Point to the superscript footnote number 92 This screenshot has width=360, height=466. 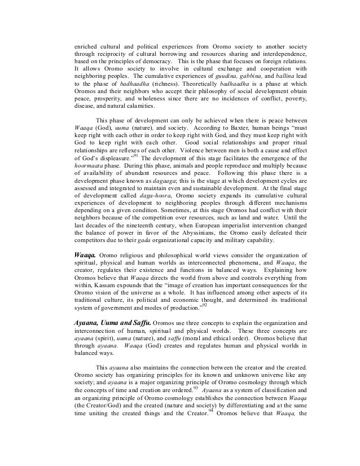[205, 307]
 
